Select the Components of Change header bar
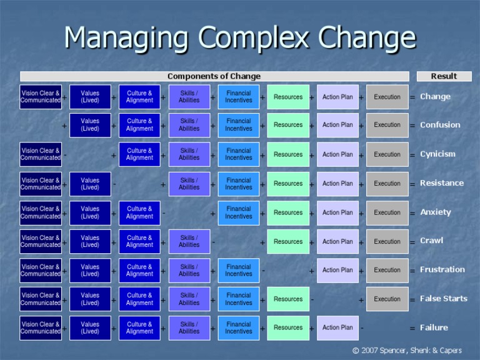[214, 76]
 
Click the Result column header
[444, 76]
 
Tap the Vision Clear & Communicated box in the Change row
[41, 97]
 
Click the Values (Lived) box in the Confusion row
[90, 125]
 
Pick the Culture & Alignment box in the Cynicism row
[139, 154]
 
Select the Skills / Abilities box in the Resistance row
[189, 184]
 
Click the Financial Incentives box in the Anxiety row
[239, 212]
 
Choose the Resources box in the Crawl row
[288, 241]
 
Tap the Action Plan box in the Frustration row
[337, 270]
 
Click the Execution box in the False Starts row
[387, 299]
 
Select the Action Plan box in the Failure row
[337, 327]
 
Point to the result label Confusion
[440, 125]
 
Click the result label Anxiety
[436, 212]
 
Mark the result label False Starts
[444, 299]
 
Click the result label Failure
[434, 327]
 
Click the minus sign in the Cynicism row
[65, 154]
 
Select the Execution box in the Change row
[387, 97]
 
